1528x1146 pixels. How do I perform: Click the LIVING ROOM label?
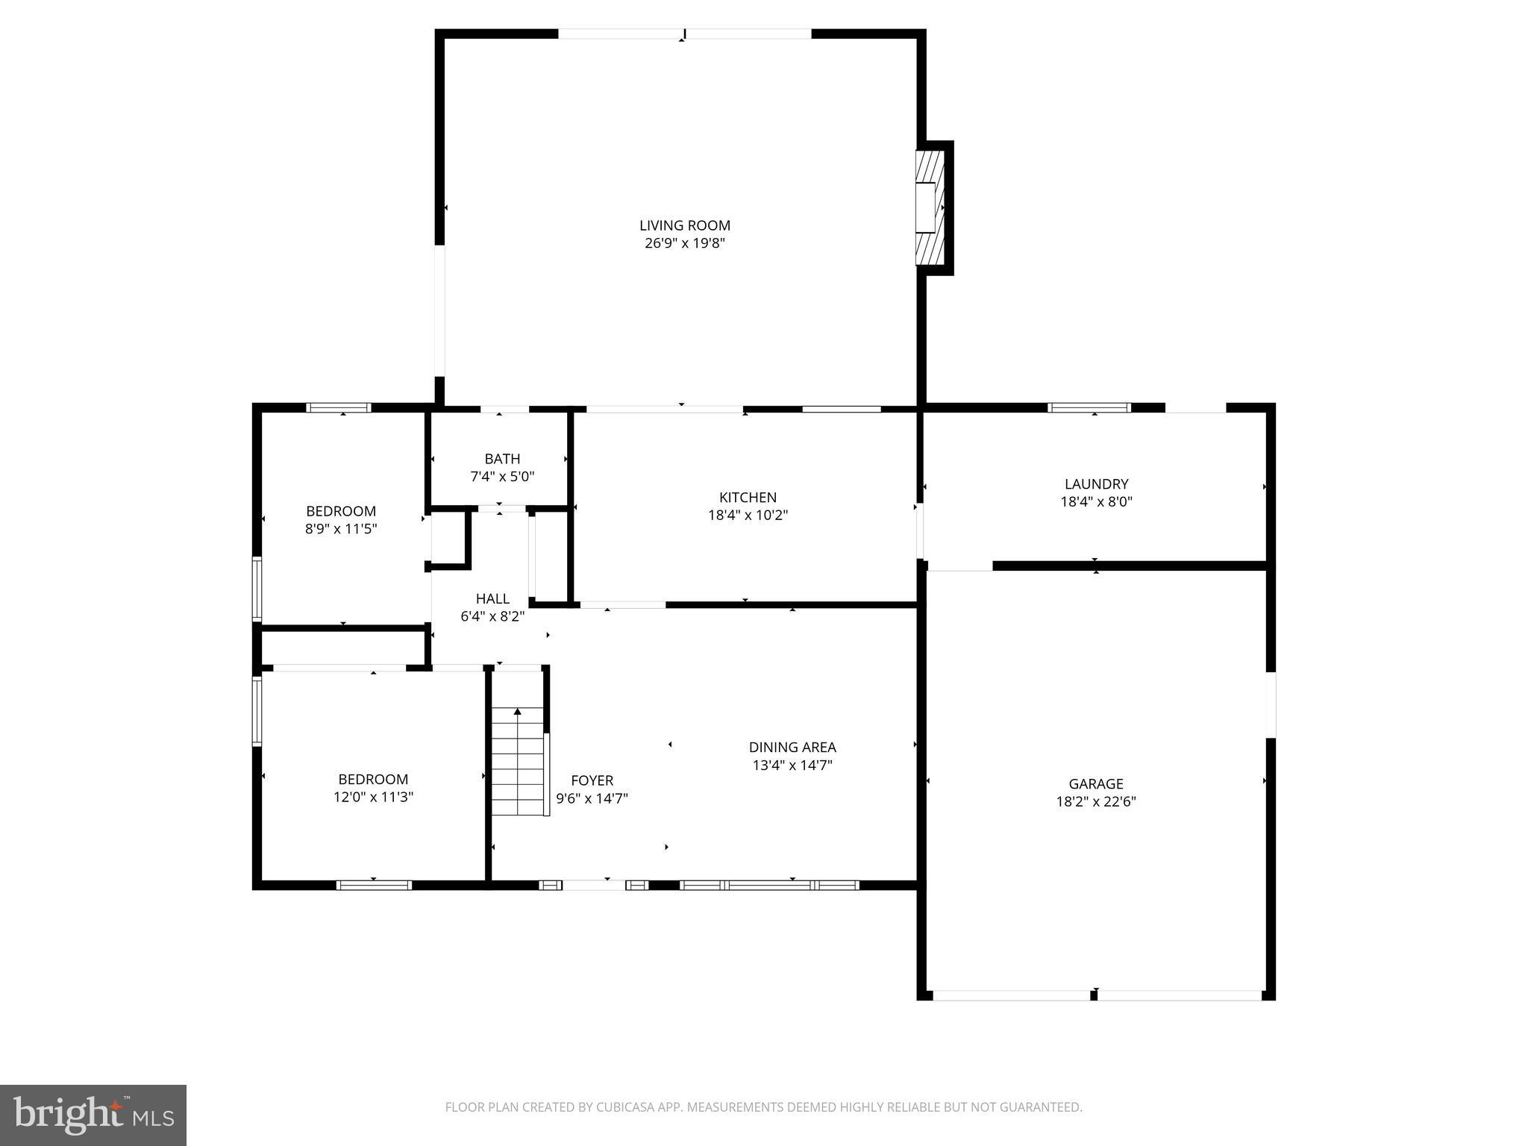[684, 225]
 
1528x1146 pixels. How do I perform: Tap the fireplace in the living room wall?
[930, 207]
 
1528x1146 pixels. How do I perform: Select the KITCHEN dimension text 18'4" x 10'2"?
[748, 515]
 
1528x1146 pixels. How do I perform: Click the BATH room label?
[502, 459]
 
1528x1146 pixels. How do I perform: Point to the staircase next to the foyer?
[518, 761]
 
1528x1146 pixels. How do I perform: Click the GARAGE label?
[1095, 783]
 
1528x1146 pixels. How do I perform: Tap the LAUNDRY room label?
[1096, 484]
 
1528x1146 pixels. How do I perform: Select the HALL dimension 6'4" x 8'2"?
[492, 616]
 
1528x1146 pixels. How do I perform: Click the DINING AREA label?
[792, 747]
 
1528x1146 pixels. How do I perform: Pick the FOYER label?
[592, 780]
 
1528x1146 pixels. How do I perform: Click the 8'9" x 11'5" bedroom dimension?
[341, 529]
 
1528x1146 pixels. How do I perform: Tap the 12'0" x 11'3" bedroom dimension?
[373, 797]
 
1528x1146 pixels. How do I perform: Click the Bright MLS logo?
[93, 1115]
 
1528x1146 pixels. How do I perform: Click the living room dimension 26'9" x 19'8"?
[684, 243]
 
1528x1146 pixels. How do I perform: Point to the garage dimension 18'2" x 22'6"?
[1095, 802]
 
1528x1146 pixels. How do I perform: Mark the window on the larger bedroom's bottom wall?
[374, 885]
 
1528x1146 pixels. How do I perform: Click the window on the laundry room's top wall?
[1089, 407]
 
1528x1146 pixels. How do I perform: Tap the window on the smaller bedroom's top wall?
[339, 407]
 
